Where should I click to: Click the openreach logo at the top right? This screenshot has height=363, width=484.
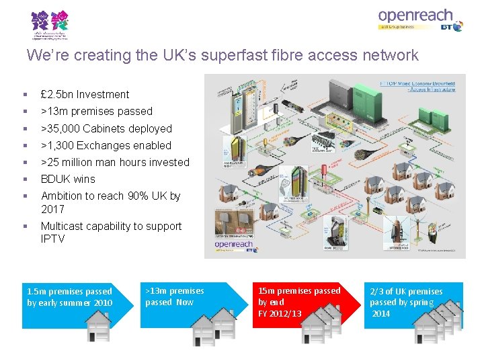point(415,16)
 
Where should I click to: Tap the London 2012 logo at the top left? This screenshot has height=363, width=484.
point(50,25)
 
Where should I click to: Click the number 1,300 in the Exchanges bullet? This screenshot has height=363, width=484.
point(63,145)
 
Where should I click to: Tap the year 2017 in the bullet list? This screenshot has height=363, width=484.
point(53,209)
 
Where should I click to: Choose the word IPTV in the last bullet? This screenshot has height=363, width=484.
point(53,239)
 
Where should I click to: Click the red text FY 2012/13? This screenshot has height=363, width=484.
point(280,314)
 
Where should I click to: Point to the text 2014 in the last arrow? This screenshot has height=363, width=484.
point(381,313)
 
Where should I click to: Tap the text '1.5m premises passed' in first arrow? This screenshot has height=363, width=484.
point(69,292)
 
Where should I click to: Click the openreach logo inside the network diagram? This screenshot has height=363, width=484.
point(235,245)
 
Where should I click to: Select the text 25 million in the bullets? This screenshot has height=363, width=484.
point(72,162)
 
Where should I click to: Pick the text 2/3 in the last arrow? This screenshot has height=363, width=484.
point(376,292)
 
